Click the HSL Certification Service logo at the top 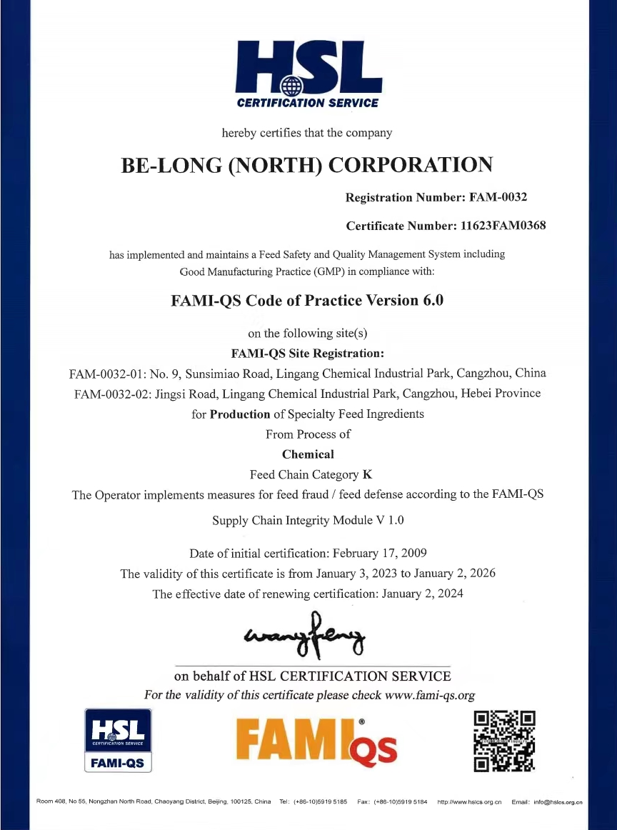pyautogui.click(x=308, y=74)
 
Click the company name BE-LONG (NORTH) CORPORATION pyautogui.click(x=308, y=165)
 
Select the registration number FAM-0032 pyautogui.click(x=498, y=197)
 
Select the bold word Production pyautogui.click(x=240, y=414)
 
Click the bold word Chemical pyautogui.click(x=308, y=454)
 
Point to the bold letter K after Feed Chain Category pyautogui.click(x=368, y=474)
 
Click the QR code pyautogui.click(x=505, y=741)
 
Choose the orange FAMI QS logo pyautogui.click(x=316, y=741)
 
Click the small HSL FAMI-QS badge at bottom pyautogui.click(x=119, y=741)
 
